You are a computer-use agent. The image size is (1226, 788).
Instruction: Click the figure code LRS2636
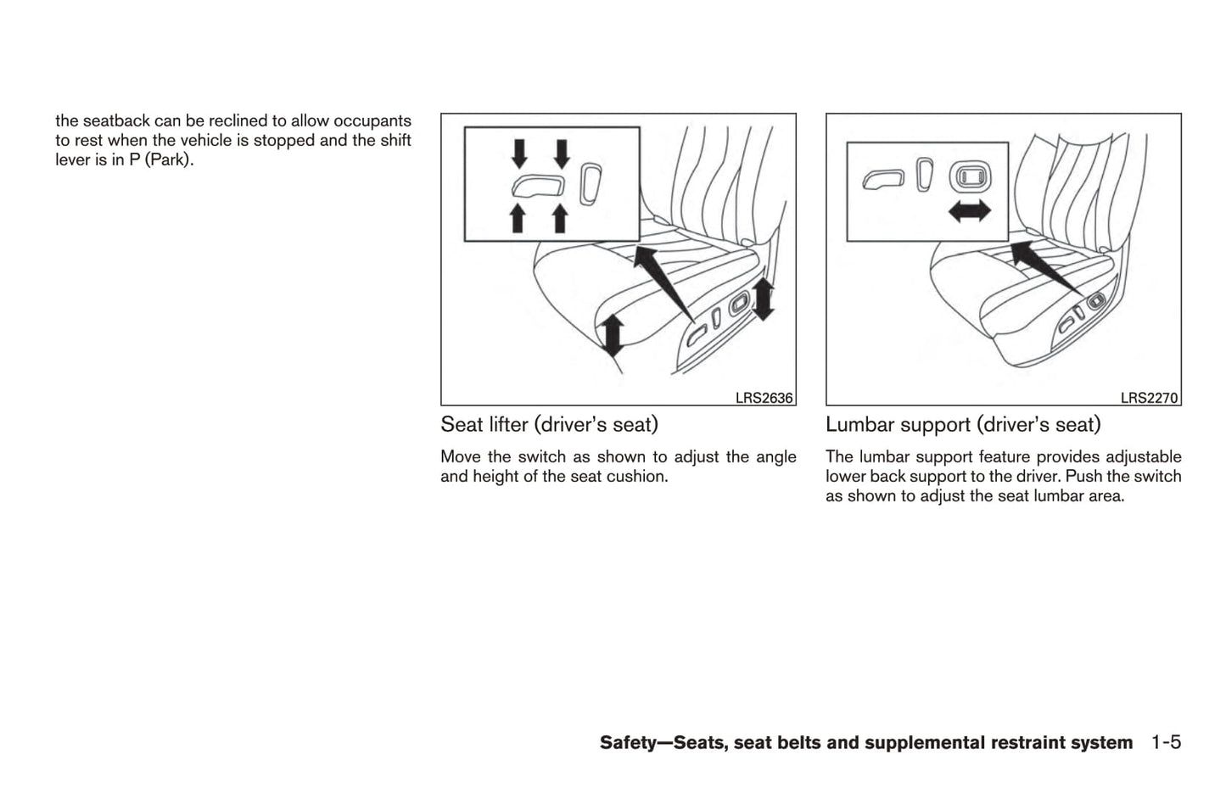click(x=764, y=398)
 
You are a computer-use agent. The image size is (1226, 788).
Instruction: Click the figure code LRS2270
click(x=1149, y=398)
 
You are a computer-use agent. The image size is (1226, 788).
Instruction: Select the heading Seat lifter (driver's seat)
click(x=549, y=424)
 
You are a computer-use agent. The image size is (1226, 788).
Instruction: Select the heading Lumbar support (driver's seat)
click(x=962, y=424)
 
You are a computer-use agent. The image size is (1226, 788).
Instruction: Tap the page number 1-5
click(x=1166, y=743)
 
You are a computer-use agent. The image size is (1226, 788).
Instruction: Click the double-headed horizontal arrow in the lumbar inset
click(x=969, y=212)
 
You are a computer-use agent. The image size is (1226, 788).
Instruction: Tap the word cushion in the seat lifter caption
click(x=639, y=477)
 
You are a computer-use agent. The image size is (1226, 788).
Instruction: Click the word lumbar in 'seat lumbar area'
click(x=1057, y=496)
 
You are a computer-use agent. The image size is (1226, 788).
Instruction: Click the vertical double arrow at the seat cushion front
click(x=613, y=334)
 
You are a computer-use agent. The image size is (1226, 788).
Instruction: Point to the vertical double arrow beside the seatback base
click(x=763, y=299)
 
